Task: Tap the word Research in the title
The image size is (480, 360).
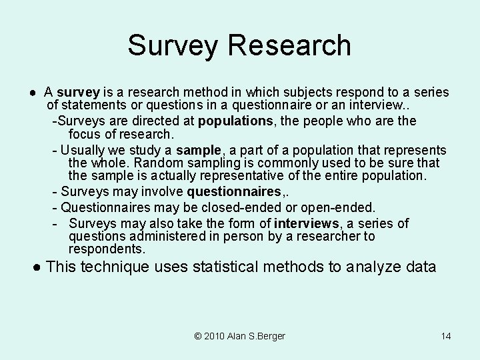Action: [x=289, y=45]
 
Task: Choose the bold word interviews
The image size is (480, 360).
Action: [x=306, y=223]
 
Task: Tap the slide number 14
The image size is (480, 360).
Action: [x=446, y=336]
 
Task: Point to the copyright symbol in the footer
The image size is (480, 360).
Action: [x=199, y=336]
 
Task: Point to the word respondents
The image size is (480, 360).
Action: [x=106, y=249]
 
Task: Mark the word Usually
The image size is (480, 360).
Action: [x=84, y=150]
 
